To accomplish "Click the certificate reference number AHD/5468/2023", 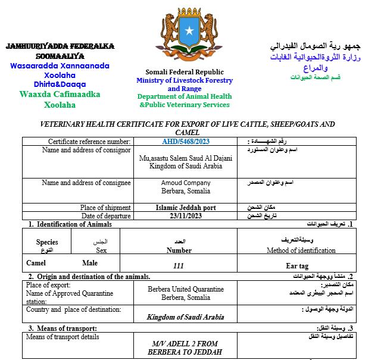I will [x=186, y=142].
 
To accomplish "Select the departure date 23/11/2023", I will [x=186, y=215].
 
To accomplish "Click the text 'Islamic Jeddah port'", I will [x=186, y=208].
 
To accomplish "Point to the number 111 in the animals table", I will [x=179, y=266].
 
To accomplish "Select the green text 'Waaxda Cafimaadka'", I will [x=60, y=94].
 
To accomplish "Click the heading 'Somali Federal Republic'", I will [x=185, y=72].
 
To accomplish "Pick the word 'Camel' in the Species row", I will [x=36, y=262].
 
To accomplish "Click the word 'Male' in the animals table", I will [x=90, y=262].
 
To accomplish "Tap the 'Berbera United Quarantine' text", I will [x=186, y=289].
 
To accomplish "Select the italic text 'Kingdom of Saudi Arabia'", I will [x=185, y=317].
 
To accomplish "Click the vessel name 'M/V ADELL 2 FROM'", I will [x=185, y=344].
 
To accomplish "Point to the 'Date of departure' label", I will [x=106, y=215].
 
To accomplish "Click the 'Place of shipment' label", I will [x=105, y=208].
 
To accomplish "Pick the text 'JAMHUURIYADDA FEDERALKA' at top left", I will [x=60, y=46].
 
